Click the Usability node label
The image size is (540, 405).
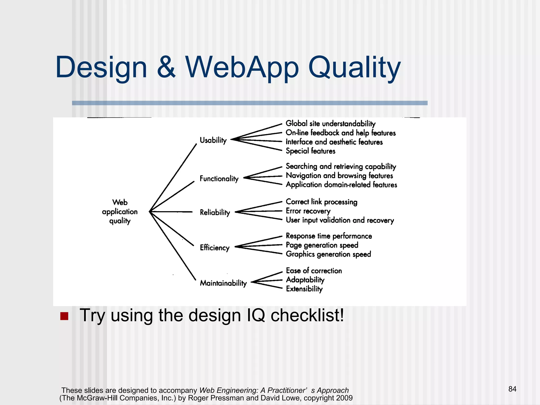[x=213, y=140]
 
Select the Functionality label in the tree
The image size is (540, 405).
[x=219, y=179]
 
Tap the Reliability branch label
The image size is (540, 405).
[x=215, y=212]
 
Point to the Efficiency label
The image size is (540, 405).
[x=215, y=248]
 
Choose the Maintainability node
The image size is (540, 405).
[x=223, y=283]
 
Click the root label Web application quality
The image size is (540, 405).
[x=120, y=212]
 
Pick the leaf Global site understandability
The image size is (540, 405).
[x=330, y=124]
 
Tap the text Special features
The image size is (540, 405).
[x=310, y=151]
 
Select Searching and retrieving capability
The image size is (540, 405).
[x=341, y=166]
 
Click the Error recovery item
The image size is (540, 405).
[x=308, y=211]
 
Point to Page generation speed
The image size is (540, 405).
[x=322, y=245]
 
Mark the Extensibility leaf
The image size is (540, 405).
[x=304, y=289]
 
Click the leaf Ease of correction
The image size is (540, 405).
[x=314, y=271]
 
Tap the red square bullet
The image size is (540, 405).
[x=64, y=316]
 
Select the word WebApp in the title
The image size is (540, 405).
[x=242, y=68]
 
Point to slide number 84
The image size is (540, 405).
[x=512, y=389]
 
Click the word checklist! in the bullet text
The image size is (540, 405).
[x=307, y=315]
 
